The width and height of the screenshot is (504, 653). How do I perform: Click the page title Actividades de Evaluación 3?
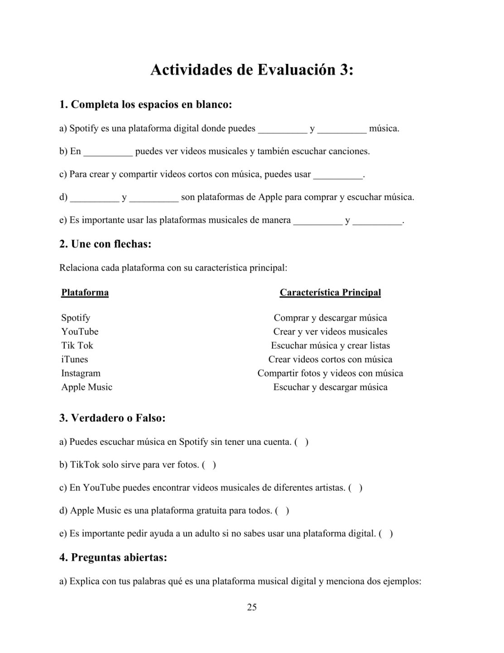click(x=252, y=70)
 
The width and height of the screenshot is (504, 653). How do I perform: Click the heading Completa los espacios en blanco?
click(x=145, y=105)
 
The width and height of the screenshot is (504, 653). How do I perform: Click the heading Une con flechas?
click(x=105, y=244)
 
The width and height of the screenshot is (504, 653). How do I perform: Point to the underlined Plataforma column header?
click(x=85, y=292)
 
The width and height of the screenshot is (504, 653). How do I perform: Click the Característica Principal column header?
click(x=330, y=292)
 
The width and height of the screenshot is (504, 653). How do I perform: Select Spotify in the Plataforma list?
click(x=76, y=318)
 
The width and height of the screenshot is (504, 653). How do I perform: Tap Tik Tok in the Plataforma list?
click(x=77, y=346)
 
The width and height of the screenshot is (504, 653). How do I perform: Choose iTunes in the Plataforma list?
click(x=75, y=360)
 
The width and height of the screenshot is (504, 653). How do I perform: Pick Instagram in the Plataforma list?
click(x=81, y=373)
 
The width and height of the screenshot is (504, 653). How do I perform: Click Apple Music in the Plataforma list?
click(x=87, y=387)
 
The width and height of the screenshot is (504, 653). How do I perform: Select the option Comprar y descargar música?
click(x=330, y=318)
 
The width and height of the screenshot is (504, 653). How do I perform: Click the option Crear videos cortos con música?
click(x=330, y=360)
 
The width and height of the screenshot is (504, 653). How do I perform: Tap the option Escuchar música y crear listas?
click(x=330, y=346)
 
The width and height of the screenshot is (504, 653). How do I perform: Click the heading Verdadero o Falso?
click(x=112, y=418)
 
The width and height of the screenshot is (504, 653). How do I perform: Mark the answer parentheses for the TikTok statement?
click(x=209, y=465)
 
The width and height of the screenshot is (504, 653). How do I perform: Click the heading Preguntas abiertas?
click(x=113, y=557)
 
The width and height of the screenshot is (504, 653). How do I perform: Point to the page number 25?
click(x=252, y=607)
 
